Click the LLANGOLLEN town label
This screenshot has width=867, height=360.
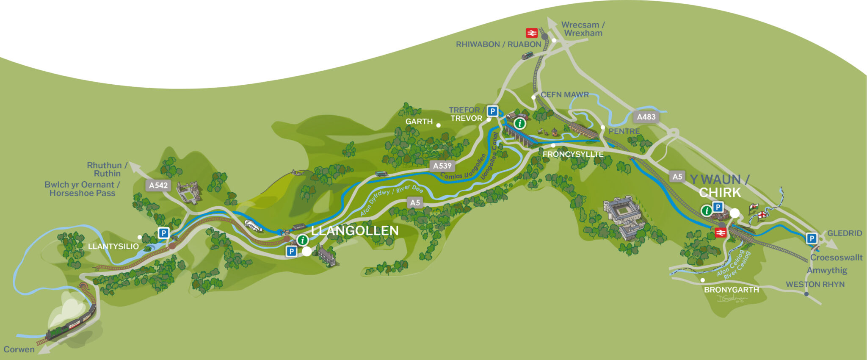coord(355,231)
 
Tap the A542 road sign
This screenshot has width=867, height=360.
coord(158,185)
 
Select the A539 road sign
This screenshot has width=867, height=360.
coord(442,166)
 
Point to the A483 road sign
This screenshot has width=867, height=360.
coord(646,117)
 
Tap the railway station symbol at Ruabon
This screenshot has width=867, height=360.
coord(532,33)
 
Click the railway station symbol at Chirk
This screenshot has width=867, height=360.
coord(720,232)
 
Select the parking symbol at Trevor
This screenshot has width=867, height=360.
coord(492,111)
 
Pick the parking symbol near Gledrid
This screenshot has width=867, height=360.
coord(811,238)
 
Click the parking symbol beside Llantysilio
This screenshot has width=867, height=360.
coord(163,233)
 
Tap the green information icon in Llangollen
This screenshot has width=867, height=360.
coord(302,240)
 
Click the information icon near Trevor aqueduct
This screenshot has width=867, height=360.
coord(520,124)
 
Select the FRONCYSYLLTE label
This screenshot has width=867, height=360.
coord(573,154)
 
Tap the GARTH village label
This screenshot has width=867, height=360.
coord(419,122)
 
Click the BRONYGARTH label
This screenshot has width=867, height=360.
coord(731,290)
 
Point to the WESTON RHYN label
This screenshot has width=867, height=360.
coord(815,285)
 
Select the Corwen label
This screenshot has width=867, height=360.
coord(19,349)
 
